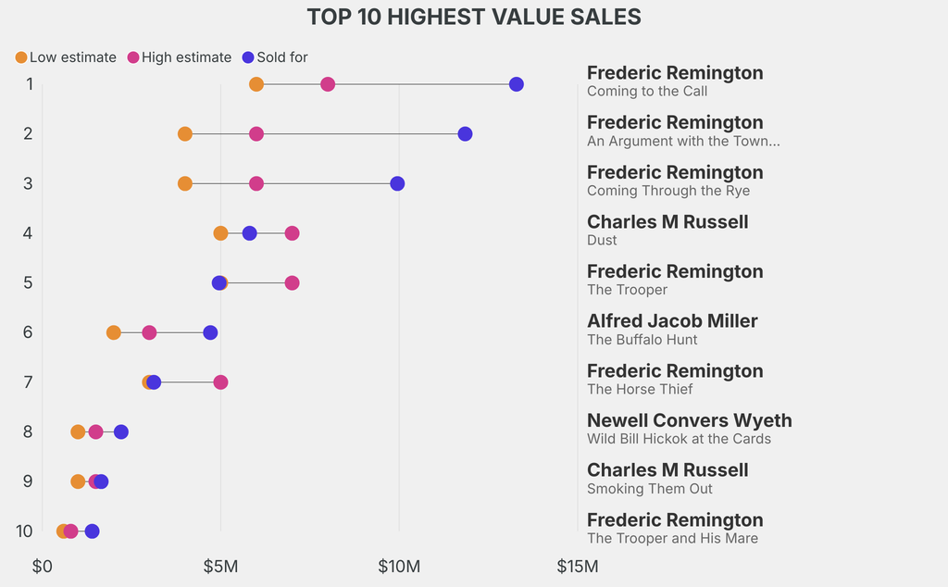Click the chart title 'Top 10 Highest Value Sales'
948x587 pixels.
[474, 17]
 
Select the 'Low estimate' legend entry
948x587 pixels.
[66, 57]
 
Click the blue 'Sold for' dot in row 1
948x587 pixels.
[517, 84]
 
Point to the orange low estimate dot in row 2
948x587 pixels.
[185, 134]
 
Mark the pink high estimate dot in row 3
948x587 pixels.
[256, 183]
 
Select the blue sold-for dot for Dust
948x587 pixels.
[249, 233]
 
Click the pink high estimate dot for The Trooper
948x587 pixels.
[292, 282]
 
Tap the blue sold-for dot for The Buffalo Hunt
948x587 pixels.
[210, 332]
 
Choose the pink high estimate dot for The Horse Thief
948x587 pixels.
[220, 382]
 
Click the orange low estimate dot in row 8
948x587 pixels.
[78, 431]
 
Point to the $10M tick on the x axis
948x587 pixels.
[399, 566]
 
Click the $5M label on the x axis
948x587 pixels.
[220, 566]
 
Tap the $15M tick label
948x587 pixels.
[577, 566]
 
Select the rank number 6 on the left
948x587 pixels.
[28, 331]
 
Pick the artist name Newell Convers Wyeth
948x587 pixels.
[689, 420]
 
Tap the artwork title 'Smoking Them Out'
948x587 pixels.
[650, 489]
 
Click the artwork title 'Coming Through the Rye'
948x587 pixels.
[668, 191]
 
